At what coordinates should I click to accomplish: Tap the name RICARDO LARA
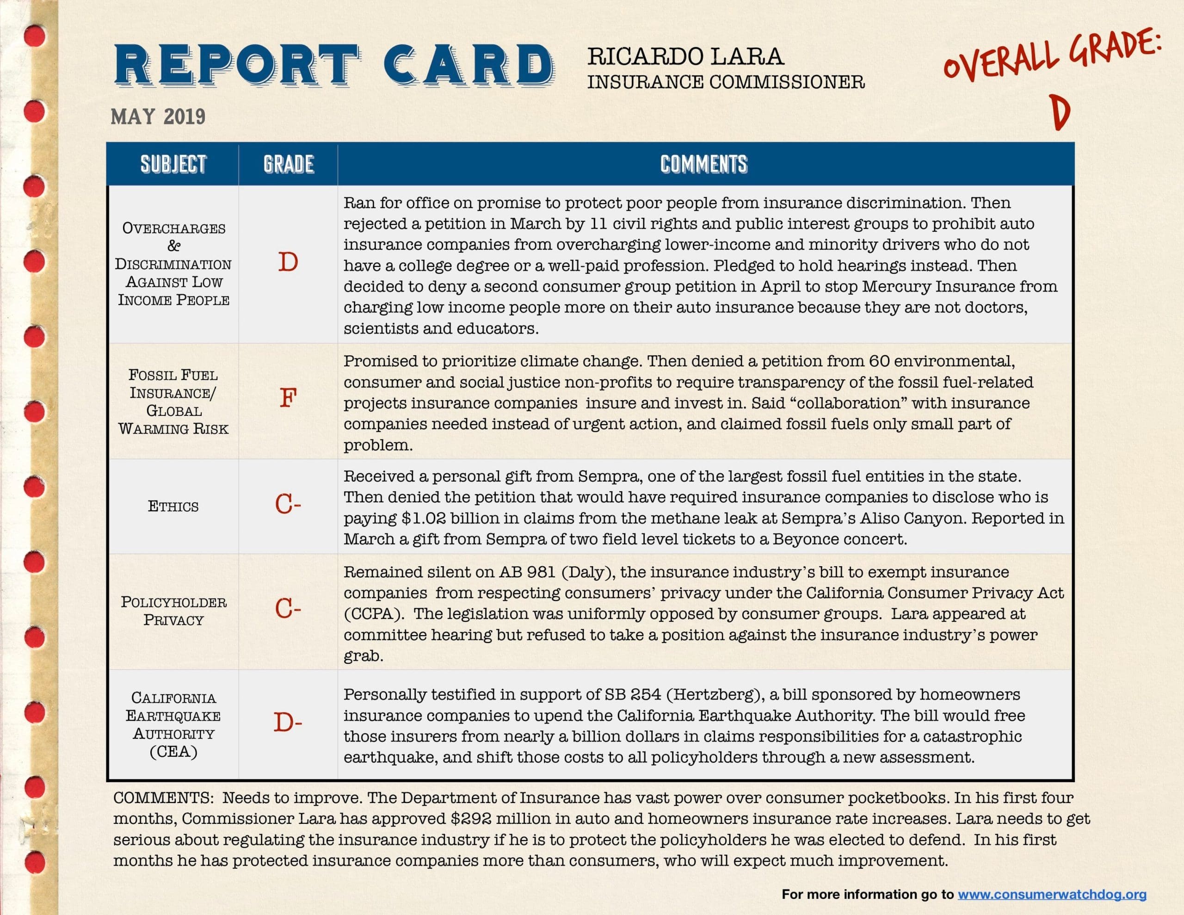(x=685, y=57)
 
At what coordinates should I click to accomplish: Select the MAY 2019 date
(x=158, y=117)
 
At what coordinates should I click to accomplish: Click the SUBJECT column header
(x=173, y=164)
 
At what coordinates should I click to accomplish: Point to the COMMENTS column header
(x=703, y=164)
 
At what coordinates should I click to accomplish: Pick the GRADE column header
(x=289, y=164)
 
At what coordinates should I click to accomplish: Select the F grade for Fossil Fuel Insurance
(x=288, y=399)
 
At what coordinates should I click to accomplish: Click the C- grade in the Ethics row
(x=288, y=505)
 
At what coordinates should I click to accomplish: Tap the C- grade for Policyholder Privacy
(x=288, y=609)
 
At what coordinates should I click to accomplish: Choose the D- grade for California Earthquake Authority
(x=288, y=723)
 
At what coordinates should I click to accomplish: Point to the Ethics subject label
(x=173, y=507)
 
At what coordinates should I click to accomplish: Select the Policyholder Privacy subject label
(x=173, y=611)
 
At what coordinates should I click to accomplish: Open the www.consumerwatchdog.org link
(x=1052, y=894)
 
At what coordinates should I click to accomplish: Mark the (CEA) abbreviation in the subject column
(x=173, y=752)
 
